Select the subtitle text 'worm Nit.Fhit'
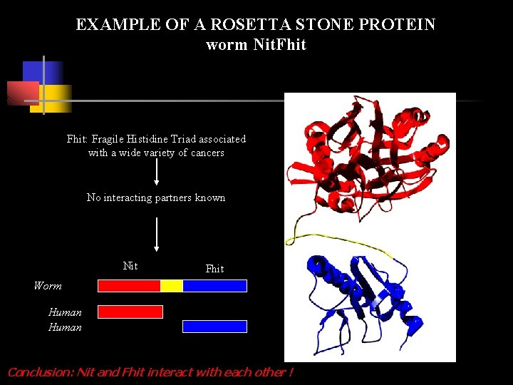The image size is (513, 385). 256,45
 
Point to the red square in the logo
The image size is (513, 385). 21,93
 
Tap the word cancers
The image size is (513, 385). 207,153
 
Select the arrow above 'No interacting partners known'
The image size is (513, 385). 156,173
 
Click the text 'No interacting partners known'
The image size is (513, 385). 156,197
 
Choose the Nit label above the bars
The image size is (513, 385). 130,266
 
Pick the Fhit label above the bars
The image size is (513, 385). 214,269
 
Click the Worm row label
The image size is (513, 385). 48,286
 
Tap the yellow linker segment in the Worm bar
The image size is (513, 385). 172,286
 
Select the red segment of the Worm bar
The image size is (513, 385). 129,286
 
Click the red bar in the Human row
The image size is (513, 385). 130,312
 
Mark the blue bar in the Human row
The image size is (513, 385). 214,327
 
